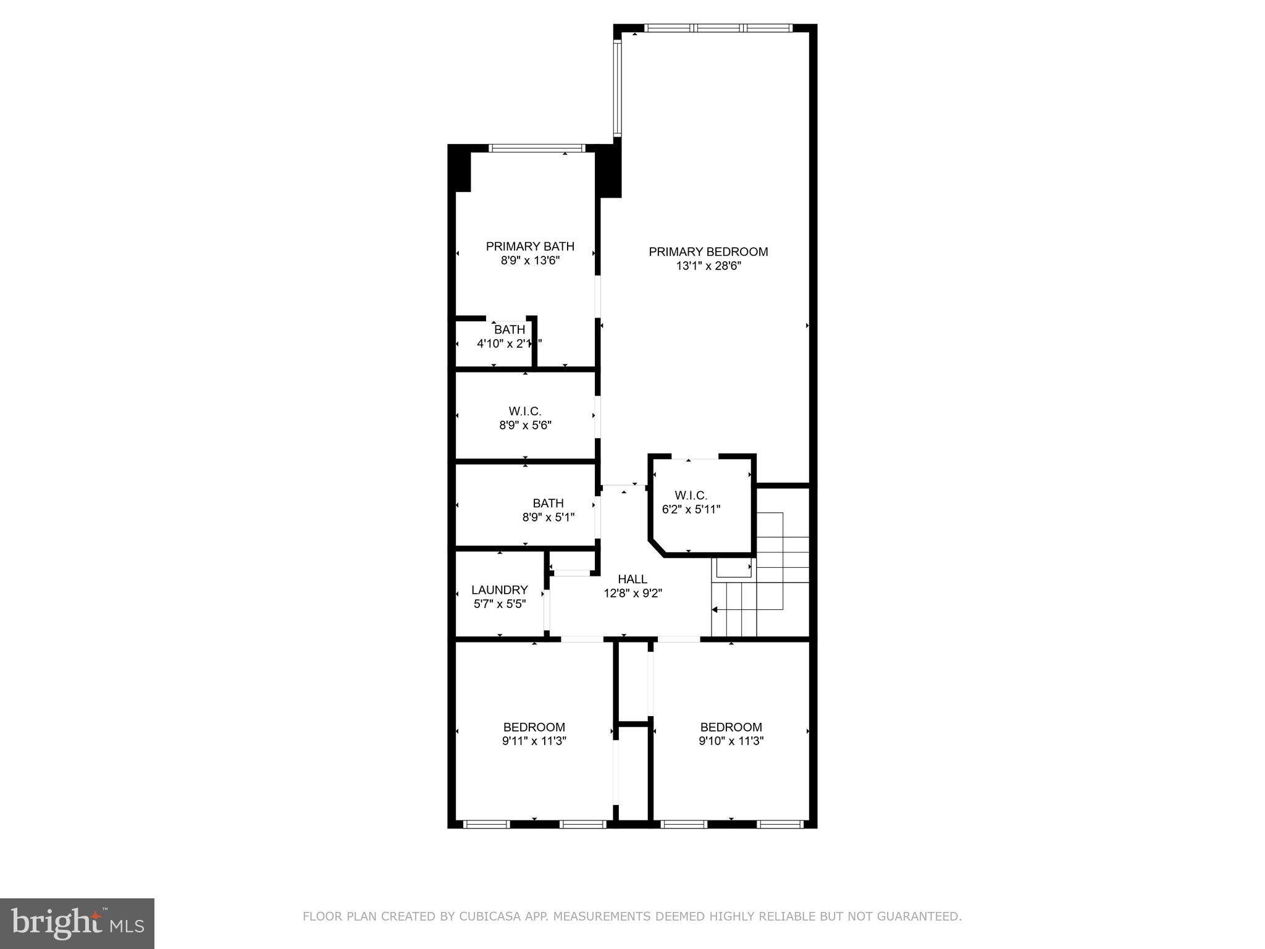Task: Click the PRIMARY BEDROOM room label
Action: [708, 251]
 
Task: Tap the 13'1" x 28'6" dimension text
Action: [708, 266]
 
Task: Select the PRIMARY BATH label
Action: [530, 246]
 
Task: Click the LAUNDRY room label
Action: [499, 589]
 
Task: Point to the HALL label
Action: [632, 579]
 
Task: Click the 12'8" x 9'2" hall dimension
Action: [632, 593]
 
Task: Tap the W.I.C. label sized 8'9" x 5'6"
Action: [525, 411]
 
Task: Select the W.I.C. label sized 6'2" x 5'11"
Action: [691, 495]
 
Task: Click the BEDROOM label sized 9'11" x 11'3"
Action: [534, 727]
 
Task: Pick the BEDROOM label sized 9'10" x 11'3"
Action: [731, 727]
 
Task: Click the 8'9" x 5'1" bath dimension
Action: [548, 517]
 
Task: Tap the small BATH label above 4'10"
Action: [509, 329]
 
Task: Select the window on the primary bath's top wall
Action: [536, 148]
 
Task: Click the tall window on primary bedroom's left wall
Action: [617, 88]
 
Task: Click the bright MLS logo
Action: [77, 923]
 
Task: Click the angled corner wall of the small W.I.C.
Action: [657, 547]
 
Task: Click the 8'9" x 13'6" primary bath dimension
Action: [530, 261]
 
